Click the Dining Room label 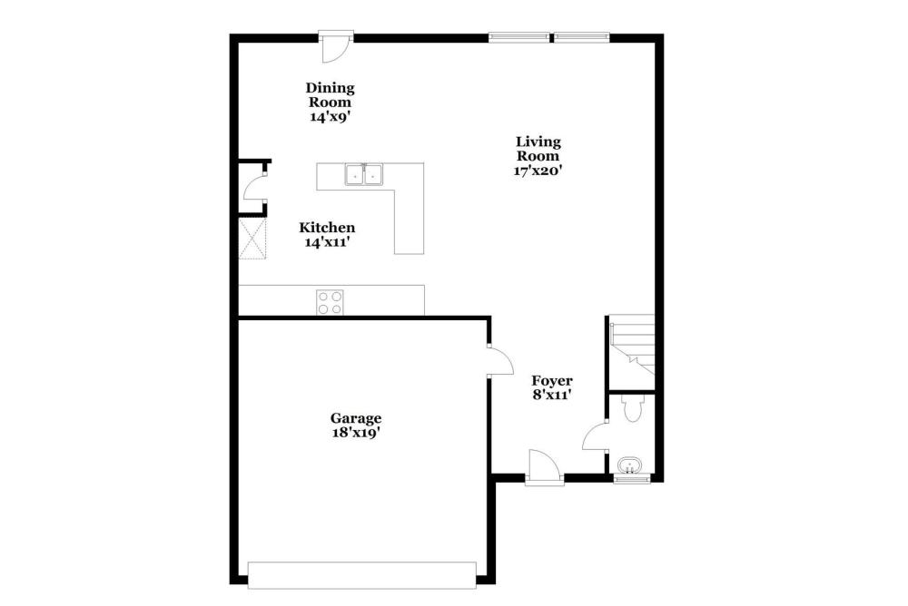[x=331, y=95]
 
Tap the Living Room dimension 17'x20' [x=538, y=171]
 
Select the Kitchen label [x=327, y=228]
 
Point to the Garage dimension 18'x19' [x=356, y=433]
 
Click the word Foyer [x=552, y=381]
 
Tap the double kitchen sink [x=364, y=174]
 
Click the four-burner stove [x=330, y=302]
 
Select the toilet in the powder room [x=631, y=407]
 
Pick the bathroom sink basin [x=629, y=464]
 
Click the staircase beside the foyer [x=632, y=345]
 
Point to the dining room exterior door [x=336, y=46]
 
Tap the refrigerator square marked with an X [x=252, y=239]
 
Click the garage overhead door [x=362, y=575]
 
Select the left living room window [x=518, y=37]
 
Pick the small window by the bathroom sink [x=632, y=479]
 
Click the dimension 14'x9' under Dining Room [x=331, y=116]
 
